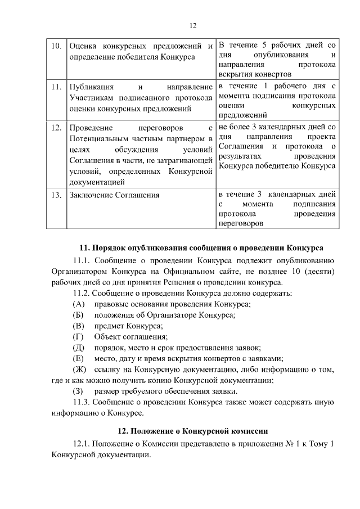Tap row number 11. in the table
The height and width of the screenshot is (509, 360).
(56, 87)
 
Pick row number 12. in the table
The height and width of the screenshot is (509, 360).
(56, 128)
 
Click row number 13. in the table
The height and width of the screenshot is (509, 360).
(56, 195)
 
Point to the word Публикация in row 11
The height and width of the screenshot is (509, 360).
(91, 87)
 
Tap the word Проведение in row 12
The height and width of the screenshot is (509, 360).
(92, 128)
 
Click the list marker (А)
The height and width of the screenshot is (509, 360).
(79, 304)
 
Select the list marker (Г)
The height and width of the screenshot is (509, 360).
(78, 337)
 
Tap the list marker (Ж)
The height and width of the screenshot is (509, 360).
(79, 370)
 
